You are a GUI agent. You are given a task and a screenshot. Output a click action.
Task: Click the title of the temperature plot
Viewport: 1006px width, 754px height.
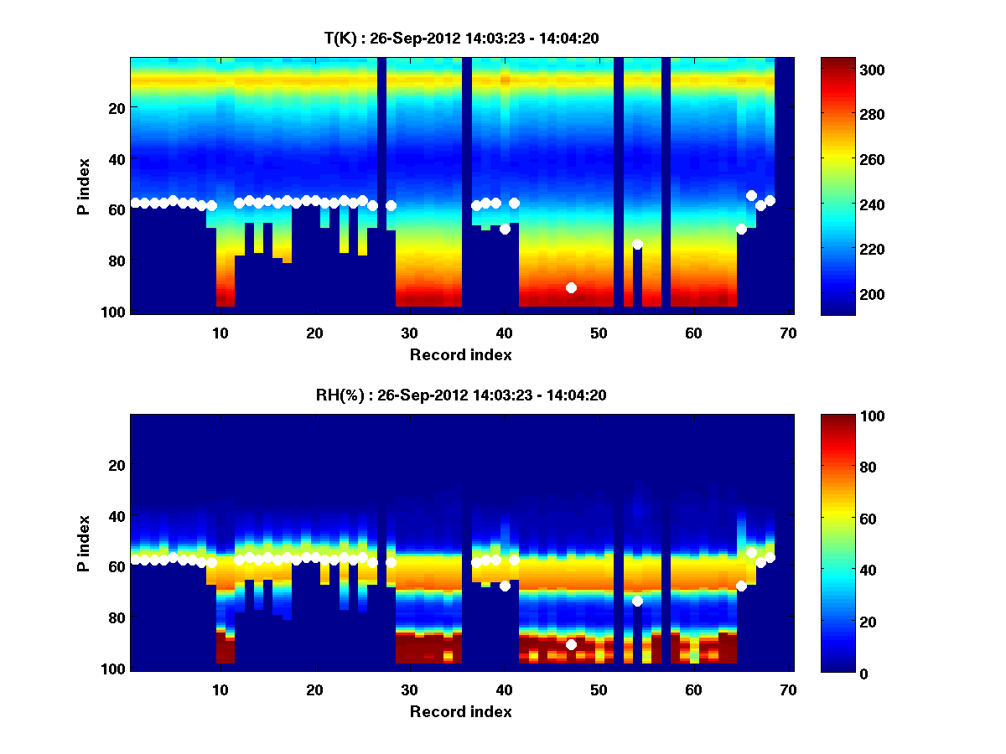coord(460,38)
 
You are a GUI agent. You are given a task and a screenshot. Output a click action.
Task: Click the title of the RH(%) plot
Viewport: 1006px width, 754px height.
coord(460,395)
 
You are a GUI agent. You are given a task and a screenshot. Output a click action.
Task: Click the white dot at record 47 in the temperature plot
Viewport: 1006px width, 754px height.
coord(571,287)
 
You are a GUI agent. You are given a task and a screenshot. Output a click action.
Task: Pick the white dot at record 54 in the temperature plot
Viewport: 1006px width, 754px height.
coord(637,244)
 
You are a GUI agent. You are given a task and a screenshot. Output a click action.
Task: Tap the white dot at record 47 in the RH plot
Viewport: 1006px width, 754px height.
coord(571,644)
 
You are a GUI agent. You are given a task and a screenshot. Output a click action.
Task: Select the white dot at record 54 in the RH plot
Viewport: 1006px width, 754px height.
coord(637,601)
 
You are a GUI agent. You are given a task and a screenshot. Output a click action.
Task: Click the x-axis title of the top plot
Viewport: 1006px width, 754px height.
coord(460,354)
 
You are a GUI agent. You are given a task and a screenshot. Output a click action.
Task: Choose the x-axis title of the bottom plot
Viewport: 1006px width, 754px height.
coord(460,711)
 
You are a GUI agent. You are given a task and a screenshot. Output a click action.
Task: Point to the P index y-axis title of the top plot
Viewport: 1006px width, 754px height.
coord(84,185)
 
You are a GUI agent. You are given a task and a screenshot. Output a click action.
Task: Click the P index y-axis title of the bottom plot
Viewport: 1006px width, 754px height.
coord(84,542)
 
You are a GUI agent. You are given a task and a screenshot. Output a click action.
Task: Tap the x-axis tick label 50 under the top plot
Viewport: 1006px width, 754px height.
coord(599,333)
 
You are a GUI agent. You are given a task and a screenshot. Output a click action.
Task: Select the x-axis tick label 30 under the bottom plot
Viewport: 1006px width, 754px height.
coord(409,689)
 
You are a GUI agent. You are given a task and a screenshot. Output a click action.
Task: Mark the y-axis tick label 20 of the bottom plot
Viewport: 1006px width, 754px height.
coord(117,465)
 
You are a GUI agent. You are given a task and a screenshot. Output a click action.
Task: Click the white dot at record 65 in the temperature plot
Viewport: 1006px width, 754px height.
coord(741,229)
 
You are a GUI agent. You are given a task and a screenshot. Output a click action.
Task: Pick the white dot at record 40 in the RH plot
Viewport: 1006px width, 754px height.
coord(505,586)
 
